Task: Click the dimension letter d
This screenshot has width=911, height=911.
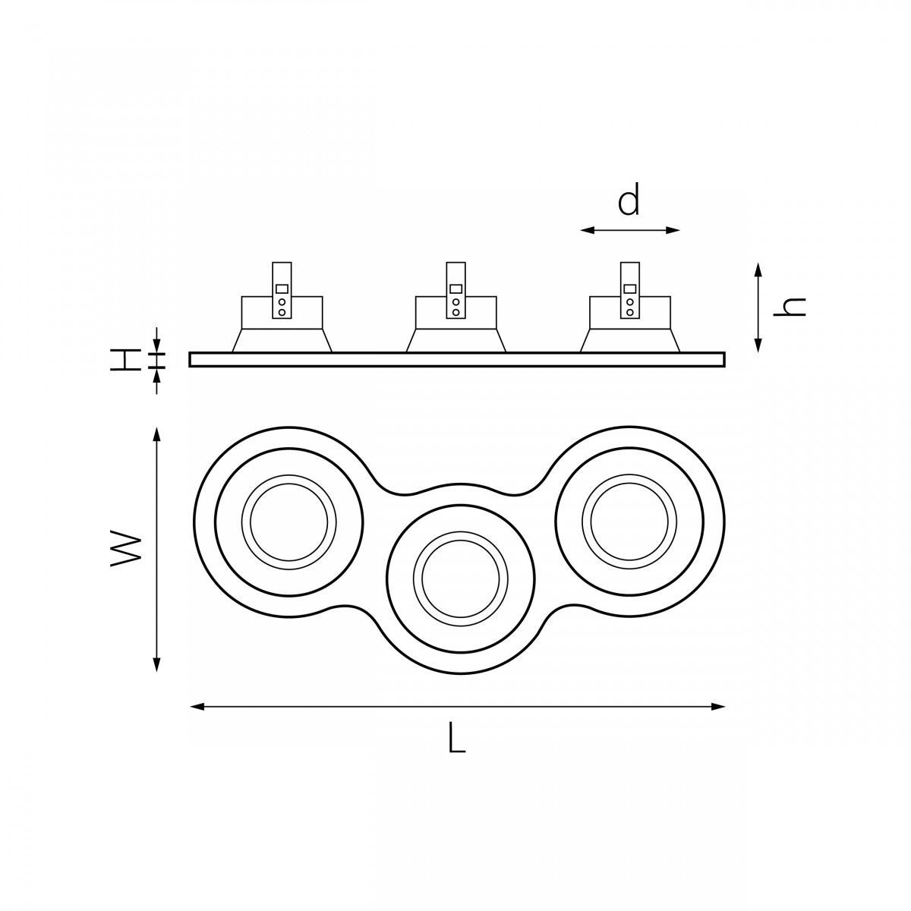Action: [629, 198]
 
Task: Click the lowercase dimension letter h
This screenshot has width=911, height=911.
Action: [790, 307]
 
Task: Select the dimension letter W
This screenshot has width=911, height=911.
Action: [126, 549]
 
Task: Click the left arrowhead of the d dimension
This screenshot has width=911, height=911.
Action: [587, 230]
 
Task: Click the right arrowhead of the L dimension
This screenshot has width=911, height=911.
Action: [717, 706]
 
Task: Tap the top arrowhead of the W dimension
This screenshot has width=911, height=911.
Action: [156, 435]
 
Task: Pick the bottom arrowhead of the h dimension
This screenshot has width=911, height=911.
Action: [758, 345]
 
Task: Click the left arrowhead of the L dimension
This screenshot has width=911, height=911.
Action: [197, 706]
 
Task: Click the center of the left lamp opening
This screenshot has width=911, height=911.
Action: [288, 522]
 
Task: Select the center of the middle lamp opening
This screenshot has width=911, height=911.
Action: [461, 578]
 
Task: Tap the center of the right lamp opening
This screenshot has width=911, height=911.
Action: [629, 522]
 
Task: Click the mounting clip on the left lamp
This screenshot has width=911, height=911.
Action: [282, 290]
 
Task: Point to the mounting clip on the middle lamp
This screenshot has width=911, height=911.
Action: [455, 290]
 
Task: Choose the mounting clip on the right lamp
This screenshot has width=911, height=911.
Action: [629, 290]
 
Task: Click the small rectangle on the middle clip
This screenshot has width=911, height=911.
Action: [455, 288]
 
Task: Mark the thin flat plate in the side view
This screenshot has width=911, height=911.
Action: [457, 359]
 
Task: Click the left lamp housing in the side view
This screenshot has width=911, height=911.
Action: [282, 324]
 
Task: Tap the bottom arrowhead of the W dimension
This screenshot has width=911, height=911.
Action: [156, 664]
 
